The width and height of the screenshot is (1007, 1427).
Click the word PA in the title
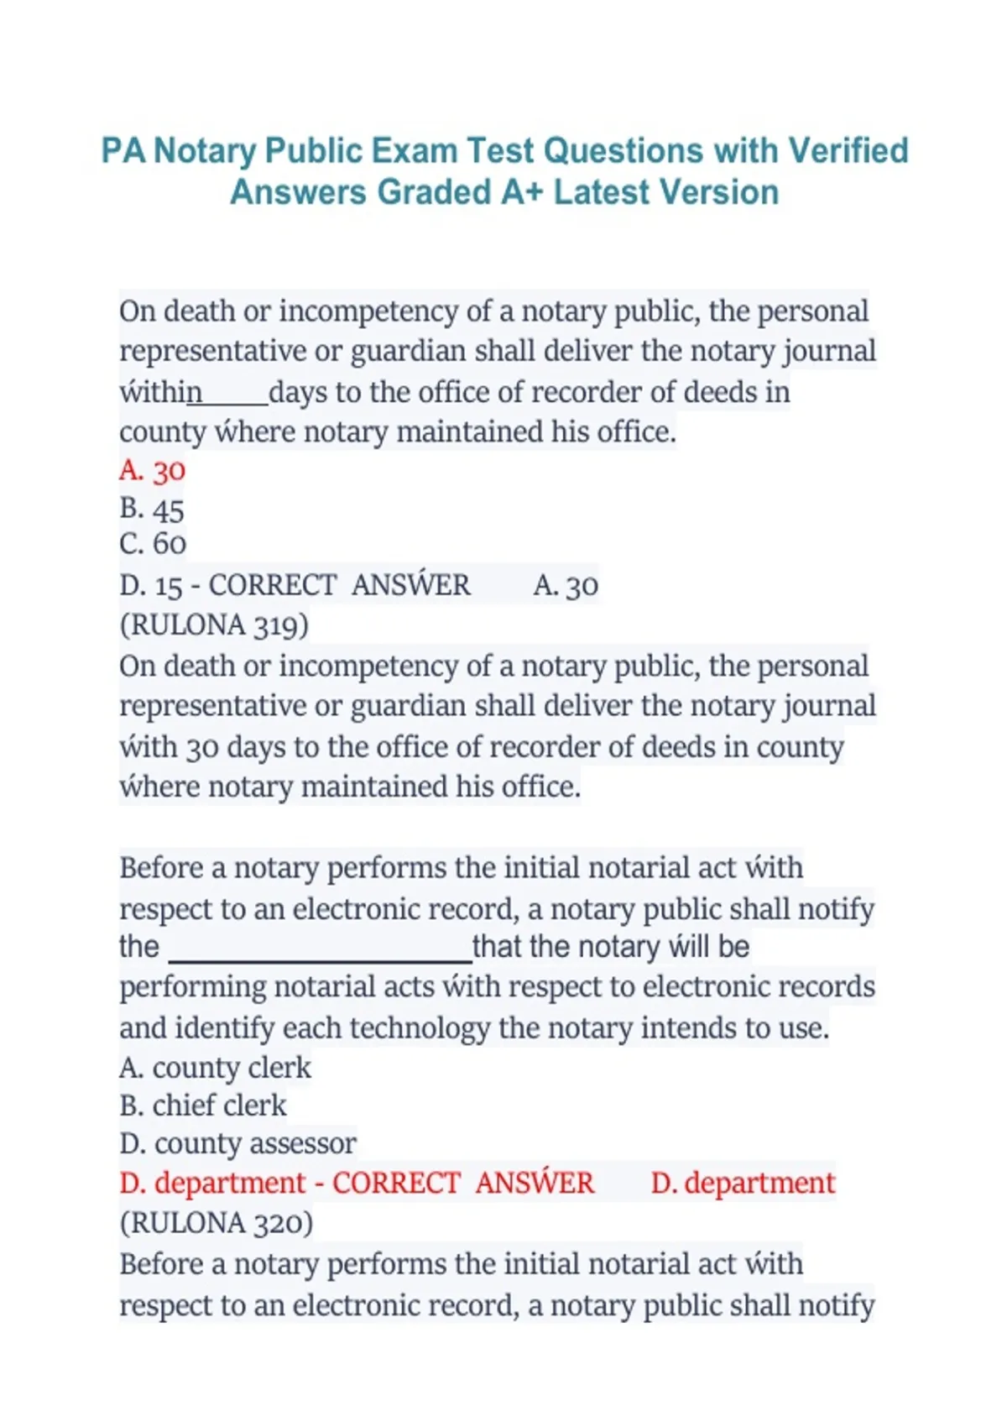[x=123, y=151]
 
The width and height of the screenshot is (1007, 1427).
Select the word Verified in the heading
[x=848, y=151]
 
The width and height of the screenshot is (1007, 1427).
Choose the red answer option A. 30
[x=152, y=470]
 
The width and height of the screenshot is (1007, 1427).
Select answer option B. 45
[x=152, y=509]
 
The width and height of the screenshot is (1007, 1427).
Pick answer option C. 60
[x=152, y=544]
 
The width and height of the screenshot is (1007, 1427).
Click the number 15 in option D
[x=168, y=585]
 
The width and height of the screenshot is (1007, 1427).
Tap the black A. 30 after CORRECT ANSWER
[x=566, y=585]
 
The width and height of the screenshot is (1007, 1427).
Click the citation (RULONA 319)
[x=214, y=625]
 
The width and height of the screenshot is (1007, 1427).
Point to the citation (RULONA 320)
[x=216, y=1222]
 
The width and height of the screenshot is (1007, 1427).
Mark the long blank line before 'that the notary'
[x=321, y=959]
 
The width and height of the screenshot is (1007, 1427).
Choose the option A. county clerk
[x=215, y=1068]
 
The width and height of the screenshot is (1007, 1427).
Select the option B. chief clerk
[x=203, y=1106]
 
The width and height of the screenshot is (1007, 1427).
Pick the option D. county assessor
[x=237, y=1143]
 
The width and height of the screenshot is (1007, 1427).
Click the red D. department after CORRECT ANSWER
[x=743, y=1183]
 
